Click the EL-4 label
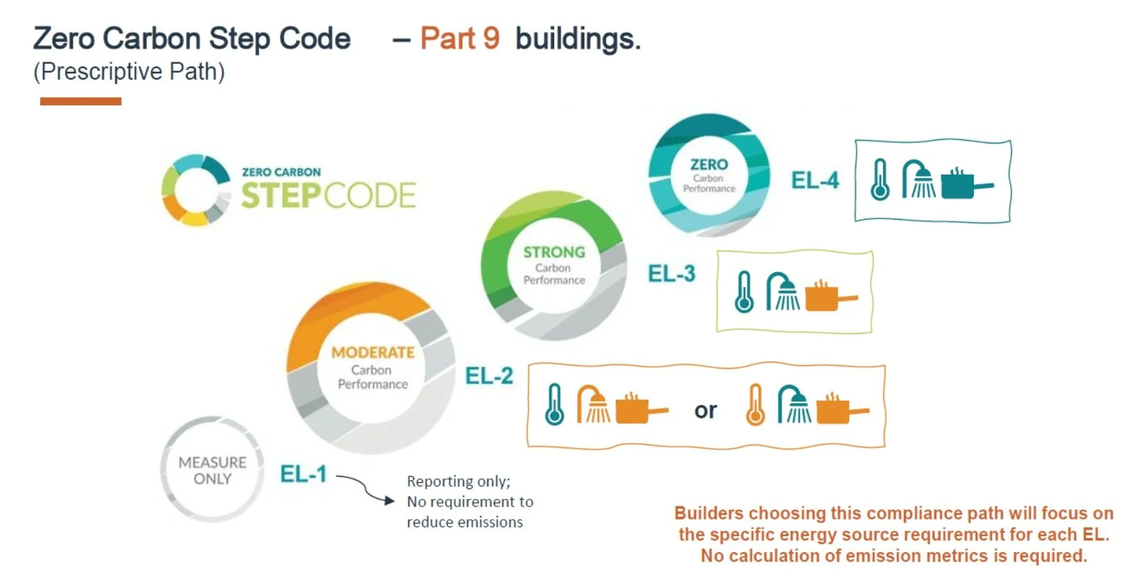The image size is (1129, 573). [x=815, y=180]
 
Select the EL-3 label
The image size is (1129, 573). [x=671, y=274]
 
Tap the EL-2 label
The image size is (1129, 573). [x=489, y=376]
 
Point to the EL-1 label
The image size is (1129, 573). [x=303, y=474]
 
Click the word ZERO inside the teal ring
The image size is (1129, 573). [x=709, y=164]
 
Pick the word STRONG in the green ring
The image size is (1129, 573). [x=554, y=252]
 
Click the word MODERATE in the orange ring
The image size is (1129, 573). [x=373, y=352]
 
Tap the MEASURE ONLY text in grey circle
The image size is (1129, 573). [x=212, y=470]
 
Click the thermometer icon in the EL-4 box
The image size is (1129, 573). [x=880, y=179]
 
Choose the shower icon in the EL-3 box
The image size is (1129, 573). [x=782, y=292]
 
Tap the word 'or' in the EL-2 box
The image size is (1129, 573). [x=705, y=410]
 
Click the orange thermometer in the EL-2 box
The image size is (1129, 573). [x=755, y=405]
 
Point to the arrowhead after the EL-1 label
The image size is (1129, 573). [x=389, y=500]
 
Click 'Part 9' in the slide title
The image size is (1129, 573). [x=460, y=38]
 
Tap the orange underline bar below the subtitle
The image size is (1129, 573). [x=80, y=101]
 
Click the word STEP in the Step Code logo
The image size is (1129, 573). [x=281, y=195]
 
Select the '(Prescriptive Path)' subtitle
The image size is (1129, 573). [x=129, y=71]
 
